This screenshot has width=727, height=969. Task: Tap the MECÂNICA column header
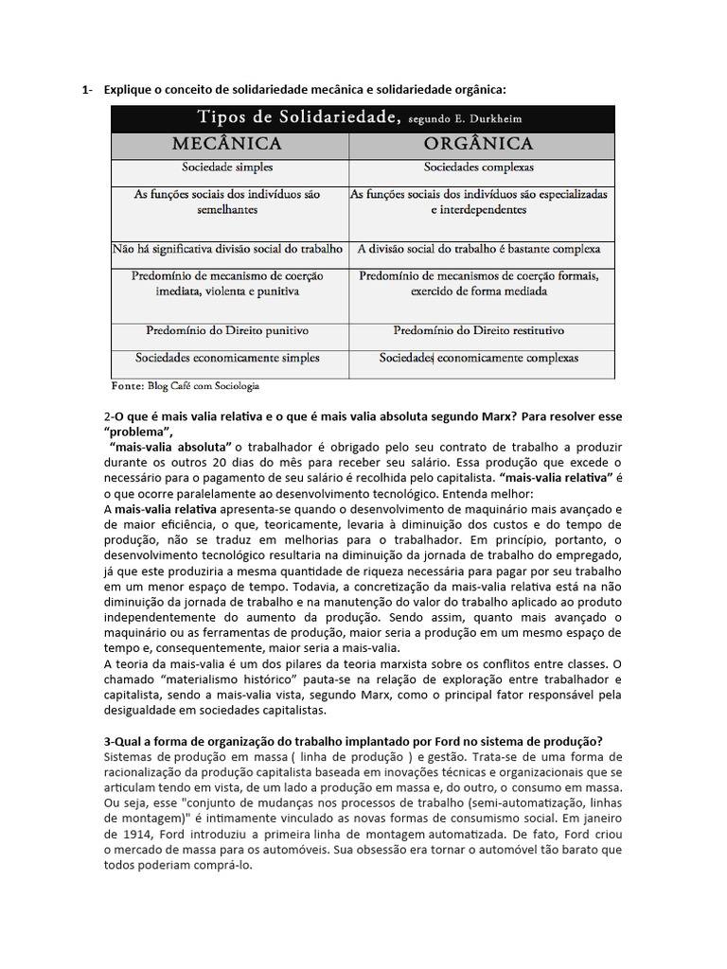pos(226,144)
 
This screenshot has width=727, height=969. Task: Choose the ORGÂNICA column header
pos(478,144)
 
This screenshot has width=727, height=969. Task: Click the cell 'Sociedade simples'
pos(228,167)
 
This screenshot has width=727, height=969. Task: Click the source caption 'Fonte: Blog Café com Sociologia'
pos(186,386)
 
